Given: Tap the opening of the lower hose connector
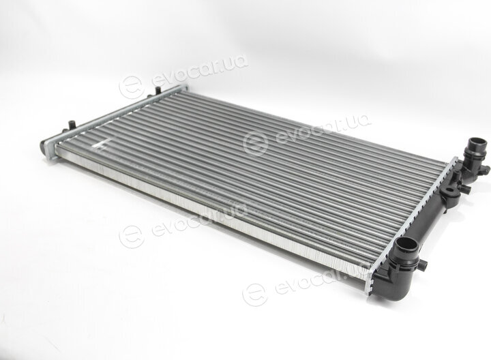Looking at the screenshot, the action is (x=404, y=244).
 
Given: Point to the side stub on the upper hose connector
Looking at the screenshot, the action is (x=486, y=169).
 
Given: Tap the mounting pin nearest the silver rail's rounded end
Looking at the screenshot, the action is (x=72, y=123).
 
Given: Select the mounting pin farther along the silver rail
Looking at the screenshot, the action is (x=158, y=90).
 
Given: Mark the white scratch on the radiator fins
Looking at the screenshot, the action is (x=101, y=145).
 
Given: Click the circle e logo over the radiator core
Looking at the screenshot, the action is (x=256, y=143).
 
